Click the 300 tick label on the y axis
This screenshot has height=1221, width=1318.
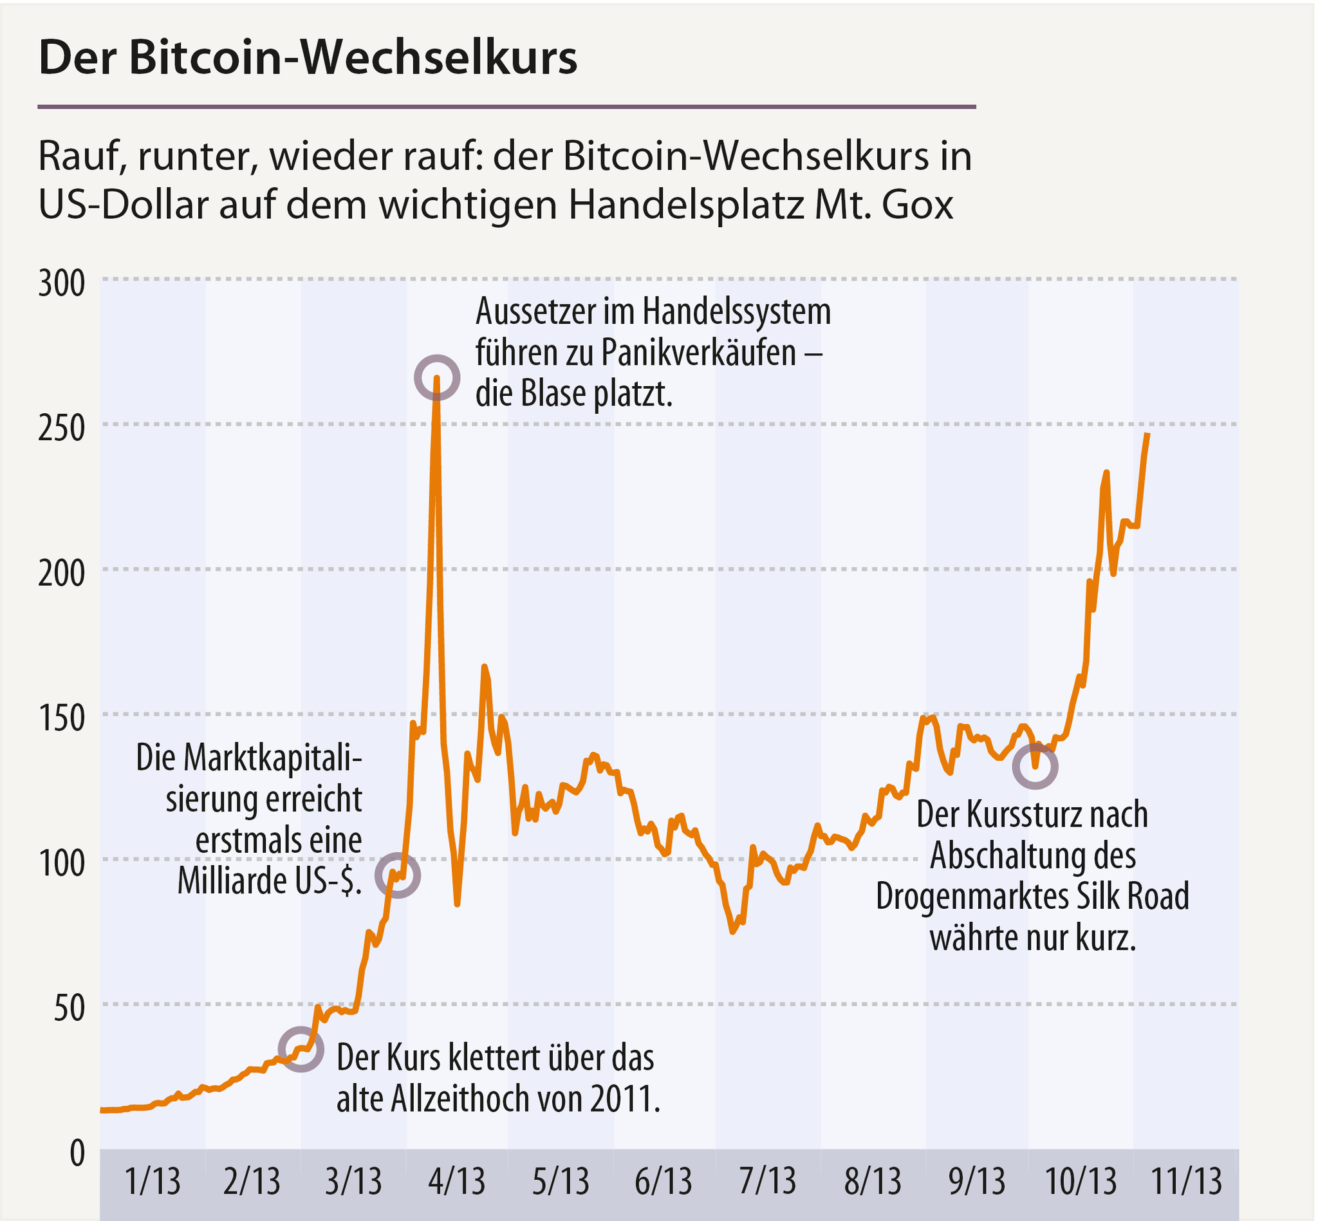[61, 283]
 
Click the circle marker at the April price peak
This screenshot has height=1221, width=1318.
[437, 377]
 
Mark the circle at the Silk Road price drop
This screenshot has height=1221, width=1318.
[1035, 767]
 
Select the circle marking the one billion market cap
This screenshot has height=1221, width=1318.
[397, 875]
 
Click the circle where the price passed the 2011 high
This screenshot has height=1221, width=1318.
[301, 1049]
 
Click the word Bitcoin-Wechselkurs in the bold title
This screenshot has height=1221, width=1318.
[353, 58]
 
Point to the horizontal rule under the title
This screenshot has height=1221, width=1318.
[506, 106]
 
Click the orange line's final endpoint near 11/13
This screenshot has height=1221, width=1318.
[1147, 434]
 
